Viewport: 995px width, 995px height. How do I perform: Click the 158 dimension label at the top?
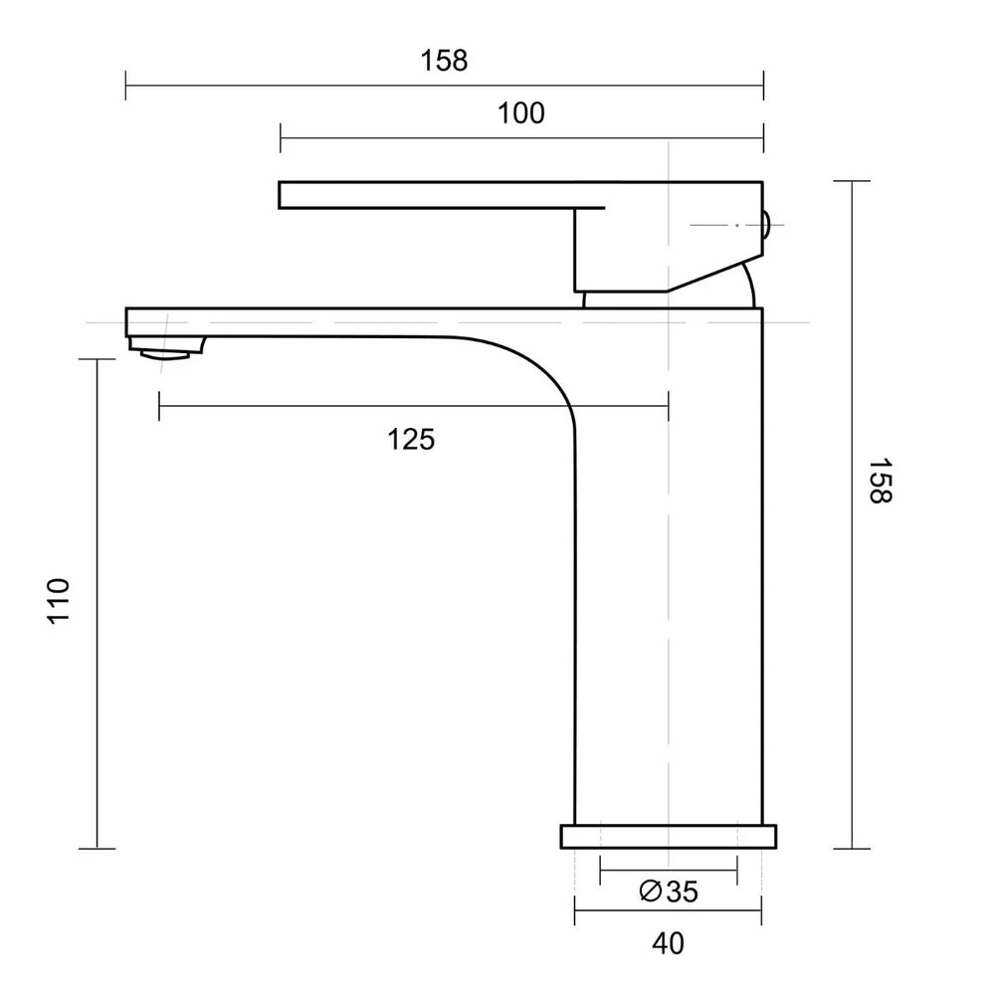[x=444, y=61]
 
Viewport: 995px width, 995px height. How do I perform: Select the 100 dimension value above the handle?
[x=521, y=113]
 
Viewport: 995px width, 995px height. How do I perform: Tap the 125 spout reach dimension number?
[x=411, y=439]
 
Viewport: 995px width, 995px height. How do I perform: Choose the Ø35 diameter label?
[x=668, y=892]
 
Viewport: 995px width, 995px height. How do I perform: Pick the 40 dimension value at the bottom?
[x=668, y=943]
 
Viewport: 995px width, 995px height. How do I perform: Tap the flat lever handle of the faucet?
[x=438, y=195]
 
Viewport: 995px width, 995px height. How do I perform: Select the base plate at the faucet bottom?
[x=668, y=837]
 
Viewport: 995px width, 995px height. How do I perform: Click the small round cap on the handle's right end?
[x=767, y=226]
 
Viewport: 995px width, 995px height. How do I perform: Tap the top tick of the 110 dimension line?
[x=97, y=359]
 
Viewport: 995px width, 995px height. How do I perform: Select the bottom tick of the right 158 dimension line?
[x=852, y=849]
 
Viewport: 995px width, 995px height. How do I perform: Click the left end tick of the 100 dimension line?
[x=282, y=138]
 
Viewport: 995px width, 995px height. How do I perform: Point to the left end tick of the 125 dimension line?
[x=159, y=406]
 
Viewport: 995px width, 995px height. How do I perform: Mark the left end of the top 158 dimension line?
[x=126, y=85]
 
